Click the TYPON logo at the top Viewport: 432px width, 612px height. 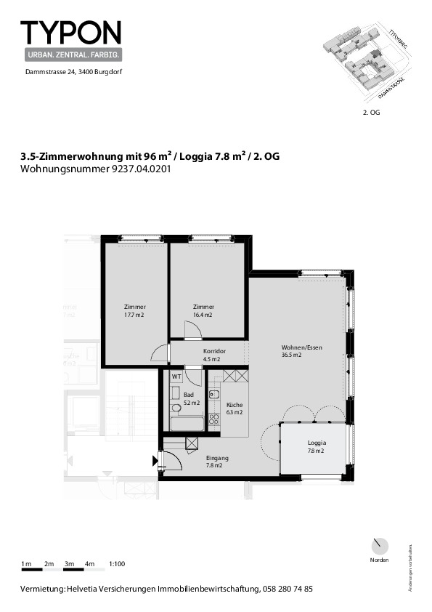[x=70, y=33]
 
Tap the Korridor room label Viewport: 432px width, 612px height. [x=214, y=351]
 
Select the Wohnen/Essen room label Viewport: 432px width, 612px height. [x=302, y=347]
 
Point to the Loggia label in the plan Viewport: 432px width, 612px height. [x=317, y=443]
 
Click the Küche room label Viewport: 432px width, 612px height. [x=234, y=405]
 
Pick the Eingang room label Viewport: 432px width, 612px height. [x=217, y=458]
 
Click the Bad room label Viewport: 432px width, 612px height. [x=189, y=394]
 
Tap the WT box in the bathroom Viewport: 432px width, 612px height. [x=176, y=377]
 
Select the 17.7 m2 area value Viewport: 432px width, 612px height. [x=134, y=315]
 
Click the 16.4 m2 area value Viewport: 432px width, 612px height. [x=203, y=315]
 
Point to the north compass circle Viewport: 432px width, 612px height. [x=379, y=547]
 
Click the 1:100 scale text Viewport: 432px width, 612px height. [x=116, y=564]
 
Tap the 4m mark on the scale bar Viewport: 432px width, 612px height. [x=90, y=564]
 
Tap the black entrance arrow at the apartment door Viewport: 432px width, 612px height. [x=155, y=459]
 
